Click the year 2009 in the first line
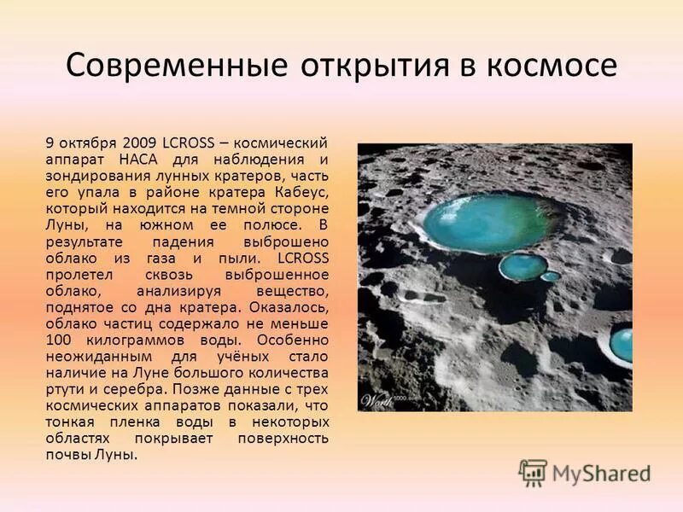pos(140,143)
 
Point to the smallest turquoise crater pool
pos(551,276)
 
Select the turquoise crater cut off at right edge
pos(622,345)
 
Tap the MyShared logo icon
pos(533,472)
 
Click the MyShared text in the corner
pos(601,472)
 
